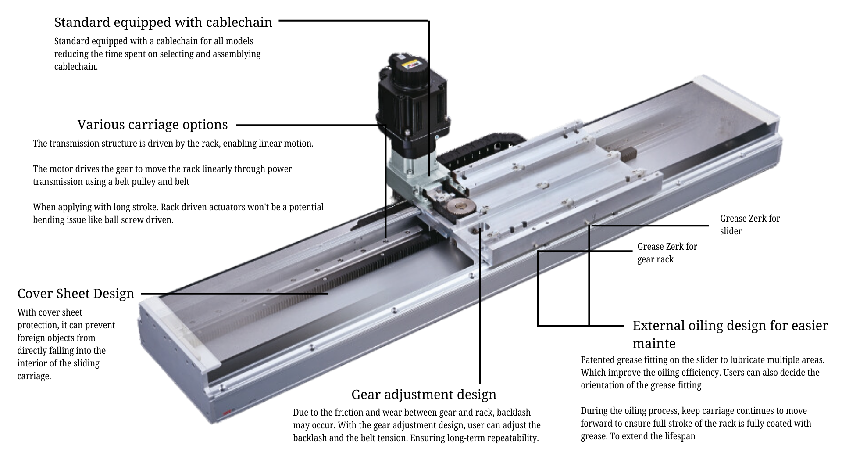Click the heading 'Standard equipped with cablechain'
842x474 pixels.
(163, 22)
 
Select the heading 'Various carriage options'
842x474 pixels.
(152, 125)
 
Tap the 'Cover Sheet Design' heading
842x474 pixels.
(75, 294)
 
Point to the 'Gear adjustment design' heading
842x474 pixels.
(424, 395)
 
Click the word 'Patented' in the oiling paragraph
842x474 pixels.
(597, 360)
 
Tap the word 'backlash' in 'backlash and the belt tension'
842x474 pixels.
(309, 438)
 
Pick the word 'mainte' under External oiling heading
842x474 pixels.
(653, 344)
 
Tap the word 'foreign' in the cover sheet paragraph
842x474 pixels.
(31, 338)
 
